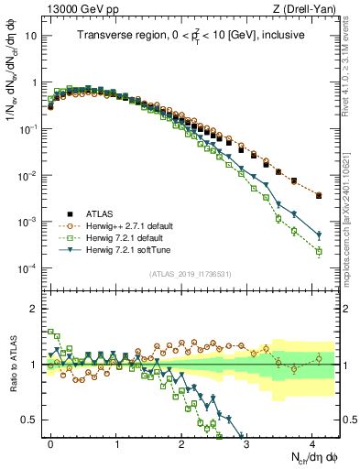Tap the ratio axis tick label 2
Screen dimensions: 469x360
coord(36,308)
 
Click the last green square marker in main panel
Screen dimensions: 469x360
coord(319,251)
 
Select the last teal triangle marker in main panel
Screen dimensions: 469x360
coord(319,234)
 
